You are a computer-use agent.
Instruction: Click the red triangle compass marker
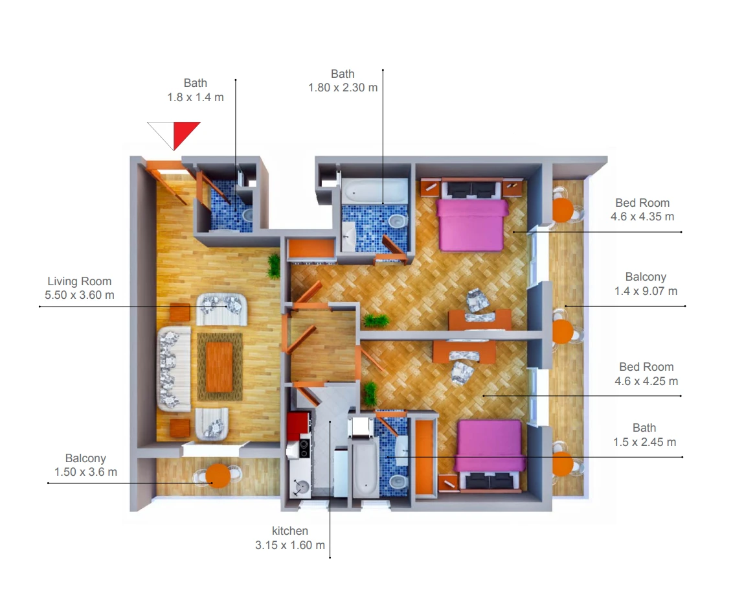click(186, 134)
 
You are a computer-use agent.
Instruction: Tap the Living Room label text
click(80, 281)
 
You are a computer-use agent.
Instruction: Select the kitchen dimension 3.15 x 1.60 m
click(290, 545)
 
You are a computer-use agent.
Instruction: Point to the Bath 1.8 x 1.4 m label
click(195, 90)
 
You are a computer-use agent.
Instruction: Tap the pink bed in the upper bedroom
click(472, 224)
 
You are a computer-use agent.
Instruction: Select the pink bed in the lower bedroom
click(490, 446)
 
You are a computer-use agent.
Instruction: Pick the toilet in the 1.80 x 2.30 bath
click(396, 223)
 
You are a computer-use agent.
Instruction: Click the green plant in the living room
click(275, 266)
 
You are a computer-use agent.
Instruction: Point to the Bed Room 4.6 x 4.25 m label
click(646, 374)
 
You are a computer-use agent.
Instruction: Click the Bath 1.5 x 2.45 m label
click(644, 435)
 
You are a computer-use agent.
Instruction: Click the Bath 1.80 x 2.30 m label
click(343, 81)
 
